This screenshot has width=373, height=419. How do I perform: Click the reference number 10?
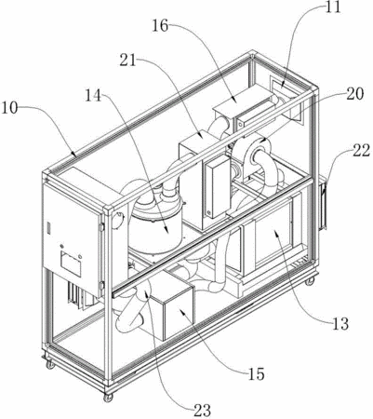pos(9,108)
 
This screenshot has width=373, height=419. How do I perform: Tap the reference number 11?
pos(333,7)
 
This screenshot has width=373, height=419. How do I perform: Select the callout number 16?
pos(160,25)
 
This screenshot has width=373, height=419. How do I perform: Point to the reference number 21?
pos(128,60)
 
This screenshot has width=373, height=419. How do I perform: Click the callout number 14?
pos(93,95)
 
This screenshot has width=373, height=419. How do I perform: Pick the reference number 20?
pos(355,93)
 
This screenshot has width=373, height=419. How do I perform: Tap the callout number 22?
pos(361,150)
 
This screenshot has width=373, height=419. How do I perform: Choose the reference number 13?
pos(340,324)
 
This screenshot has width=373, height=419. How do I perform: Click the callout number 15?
pos(256,373)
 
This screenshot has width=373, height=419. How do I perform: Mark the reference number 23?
pos(202,411)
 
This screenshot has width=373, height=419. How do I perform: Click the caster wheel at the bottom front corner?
pos(108,398)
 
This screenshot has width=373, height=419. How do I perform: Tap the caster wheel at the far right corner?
pos(310,281)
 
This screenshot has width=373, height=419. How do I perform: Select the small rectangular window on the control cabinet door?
pos(71,264)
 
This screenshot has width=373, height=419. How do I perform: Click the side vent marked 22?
pos(323,203)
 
